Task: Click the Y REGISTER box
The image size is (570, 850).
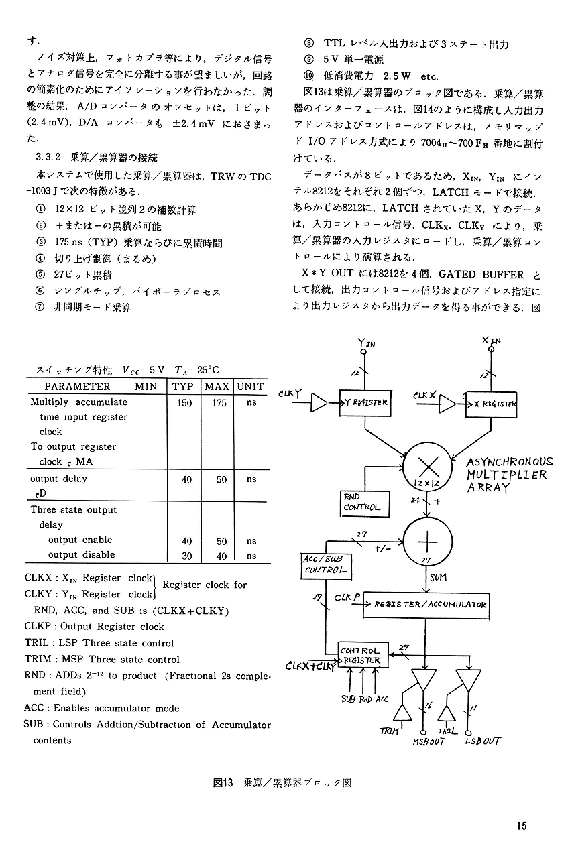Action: pyautogui.click(x=365, y=403)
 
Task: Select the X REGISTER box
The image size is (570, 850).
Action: pyautogui.click(x=491, y=404)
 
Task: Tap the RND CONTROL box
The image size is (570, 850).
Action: pyautogui.click(x=365, y=504)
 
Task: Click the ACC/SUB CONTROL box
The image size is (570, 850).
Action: pyautogui.click(x=326, y=566)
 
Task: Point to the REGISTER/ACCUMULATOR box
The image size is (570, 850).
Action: pyautogui.click(x=426, y=605)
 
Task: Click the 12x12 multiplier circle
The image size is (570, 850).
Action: pyautogui.click(x=428, y=467)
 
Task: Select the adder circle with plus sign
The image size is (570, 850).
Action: pyautogui.click(x=428, y=541)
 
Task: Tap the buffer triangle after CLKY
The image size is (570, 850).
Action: pyautogui.click(x=319, y=403)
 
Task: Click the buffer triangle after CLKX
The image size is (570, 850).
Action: pyautogui.click(x=447, y=404)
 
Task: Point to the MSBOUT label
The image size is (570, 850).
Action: pyautogui.click(x=429, y=742)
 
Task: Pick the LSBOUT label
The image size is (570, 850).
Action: pyautogui.click(x=482, y=741)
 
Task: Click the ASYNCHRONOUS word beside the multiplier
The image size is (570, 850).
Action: pyautogui.click(x=510, y=462)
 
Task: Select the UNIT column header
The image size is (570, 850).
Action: pyautogui.click(x=251, y=387)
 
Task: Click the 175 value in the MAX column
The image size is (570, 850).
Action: pyautogui.click(x=219, y=403)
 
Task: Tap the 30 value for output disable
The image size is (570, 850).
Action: pyautogui.click(x=186, y=556)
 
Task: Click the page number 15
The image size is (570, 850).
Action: pyautogui.click(x=522, y=826)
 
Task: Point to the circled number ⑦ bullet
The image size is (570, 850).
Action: pyautogui.click(x=40, y=307)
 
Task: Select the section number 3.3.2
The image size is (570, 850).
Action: pyautogui.click(x=48, y=157)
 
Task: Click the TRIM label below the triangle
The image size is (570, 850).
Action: pyautogui.click(x=389, y=731)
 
